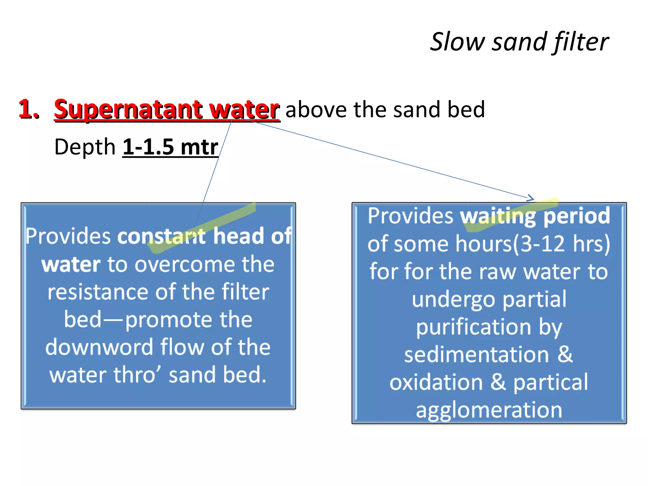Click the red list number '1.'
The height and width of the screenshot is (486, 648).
click(29, 109)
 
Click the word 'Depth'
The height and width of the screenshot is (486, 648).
click(85, 147)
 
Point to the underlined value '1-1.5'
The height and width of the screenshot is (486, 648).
click(148, 147)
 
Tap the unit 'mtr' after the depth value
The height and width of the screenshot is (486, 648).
click(199, 147)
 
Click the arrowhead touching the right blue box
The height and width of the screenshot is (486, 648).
click(531, 198)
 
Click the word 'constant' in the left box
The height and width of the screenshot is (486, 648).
click(162, 236)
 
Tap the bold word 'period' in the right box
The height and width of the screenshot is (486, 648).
click(576, 216)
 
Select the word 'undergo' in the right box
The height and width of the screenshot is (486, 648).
click(453, 299)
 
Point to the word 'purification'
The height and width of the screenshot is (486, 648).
click(473, 327)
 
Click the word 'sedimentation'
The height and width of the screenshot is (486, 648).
click(477, 355)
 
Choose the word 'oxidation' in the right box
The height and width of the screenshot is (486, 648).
click(436, 382)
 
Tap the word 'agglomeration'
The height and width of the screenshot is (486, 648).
click(489, 410)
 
